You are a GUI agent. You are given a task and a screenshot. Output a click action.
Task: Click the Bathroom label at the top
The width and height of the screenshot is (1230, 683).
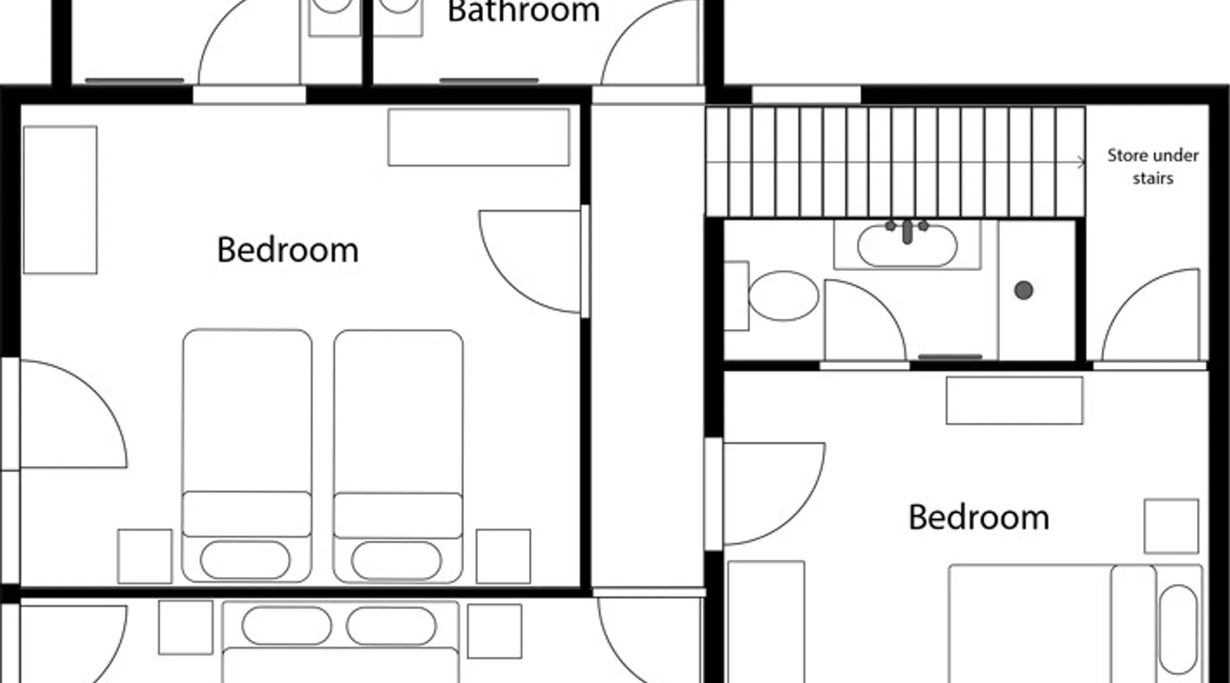[523, 12]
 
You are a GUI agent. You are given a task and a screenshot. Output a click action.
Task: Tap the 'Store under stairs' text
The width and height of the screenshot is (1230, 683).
[1153, 167]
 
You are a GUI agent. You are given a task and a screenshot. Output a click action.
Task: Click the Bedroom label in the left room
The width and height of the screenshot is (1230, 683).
[288, 250]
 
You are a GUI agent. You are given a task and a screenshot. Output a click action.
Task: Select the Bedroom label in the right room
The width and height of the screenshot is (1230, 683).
[979, 517]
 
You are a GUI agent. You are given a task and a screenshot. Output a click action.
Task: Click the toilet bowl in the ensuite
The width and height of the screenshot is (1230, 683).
[783, 296]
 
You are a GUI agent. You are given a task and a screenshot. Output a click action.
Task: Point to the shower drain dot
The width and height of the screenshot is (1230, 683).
[1023, 290]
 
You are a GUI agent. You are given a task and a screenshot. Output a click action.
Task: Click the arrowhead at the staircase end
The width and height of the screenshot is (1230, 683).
[1082, 163]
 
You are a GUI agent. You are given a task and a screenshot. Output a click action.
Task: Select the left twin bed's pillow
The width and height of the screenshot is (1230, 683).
[245, 559]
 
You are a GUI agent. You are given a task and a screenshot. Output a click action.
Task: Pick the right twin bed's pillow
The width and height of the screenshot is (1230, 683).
[396, 559]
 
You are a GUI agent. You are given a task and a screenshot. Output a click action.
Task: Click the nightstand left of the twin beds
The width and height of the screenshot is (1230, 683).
[145, 556]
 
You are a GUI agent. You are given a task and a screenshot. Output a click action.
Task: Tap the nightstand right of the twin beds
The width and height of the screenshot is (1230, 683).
[504, 556]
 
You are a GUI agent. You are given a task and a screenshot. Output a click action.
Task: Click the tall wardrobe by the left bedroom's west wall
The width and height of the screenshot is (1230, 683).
[60, 199]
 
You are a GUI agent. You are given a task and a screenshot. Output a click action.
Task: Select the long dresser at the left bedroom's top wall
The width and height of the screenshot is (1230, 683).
[478, 137]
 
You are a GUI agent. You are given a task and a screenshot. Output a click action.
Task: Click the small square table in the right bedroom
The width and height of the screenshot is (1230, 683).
[1171, 526]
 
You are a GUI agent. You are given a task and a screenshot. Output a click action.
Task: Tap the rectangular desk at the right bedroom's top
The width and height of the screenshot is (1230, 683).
[1015, 400]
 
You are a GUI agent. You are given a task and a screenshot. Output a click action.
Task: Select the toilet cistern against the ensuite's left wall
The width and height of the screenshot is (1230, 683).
[736, 296]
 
